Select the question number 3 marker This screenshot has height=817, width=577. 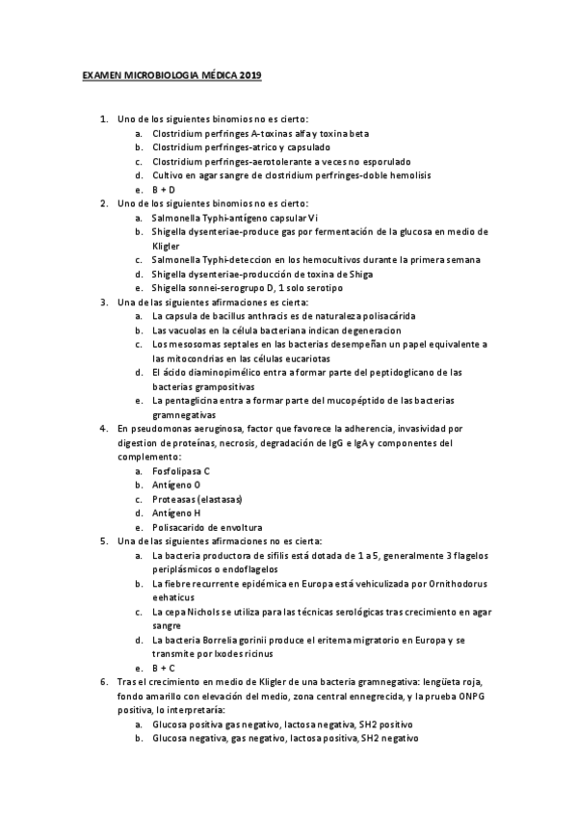(104, 302)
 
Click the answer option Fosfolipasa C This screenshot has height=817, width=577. (181, 470)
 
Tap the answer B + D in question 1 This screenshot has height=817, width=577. (163, 189)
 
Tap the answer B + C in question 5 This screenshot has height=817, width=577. (163, 668)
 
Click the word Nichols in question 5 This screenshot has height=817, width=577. (205, 611)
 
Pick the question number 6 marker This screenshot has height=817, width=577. (104, 681)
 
